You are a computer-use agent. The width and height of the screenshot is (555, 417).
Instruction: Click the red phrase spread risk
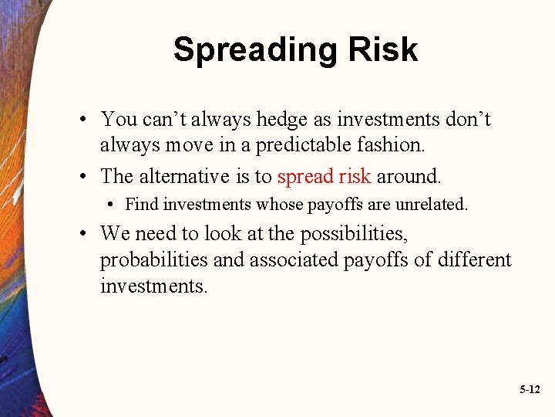pyautogui.click(x=325, y=176)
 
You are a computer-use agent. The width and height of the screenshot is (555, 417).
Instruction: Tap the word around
pyautogui.click(x=409, y=176)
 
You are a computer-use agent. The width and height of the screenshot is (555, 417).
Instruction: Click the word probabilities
pyautogui.click(x=154, y=259)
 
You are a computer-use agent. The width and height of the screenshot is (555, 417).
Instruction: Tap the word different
pyautogui.click(x=473, y=259)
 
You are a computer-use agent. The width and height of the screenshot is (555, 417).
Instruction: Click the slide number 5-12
pyautogui.click(x=529, y=391)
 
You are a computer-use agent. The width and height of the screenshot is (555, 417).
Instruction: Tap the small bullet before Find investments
pyautogui.click(x=112, y=205)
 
